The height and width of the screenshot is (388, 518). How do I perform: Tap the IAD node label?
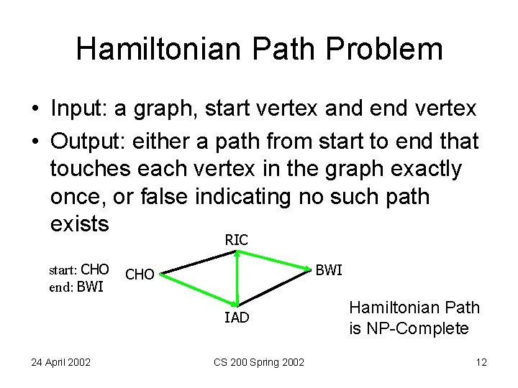[x=237, y=317]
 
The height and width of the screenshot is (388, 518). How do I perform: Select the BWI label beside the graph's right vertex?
[x=329, y=270]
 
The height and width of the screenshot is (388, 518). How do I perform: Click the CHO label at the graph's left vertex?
[x=140, y=274]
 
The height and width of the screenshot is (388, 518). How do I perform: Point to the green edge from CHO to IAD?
[x=198, y=287]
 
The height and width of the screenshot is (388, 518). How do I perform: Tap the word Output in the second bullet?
[x=83, y=142]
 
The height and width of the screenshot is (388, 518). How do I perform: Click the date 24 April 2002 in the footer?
[x=60, y=362]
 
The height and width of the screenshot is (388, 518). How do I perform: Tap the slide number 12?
[x=480, y=362]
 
